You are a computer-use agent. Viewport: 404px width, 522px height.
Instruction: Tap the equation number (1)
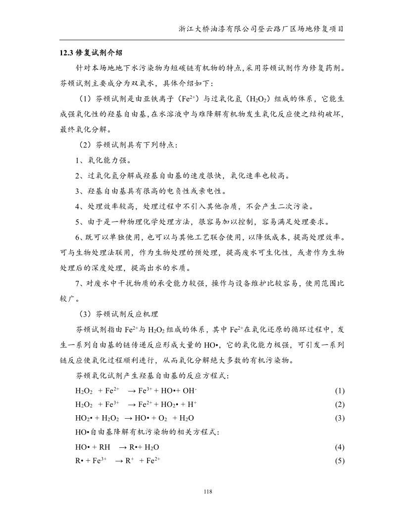click(x=339, y=391)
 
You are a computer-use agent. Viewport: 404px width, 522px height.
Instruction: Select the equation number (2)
click(x=339, y=404)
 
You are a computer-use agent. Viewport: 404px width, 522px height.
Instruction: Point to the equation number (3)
click(x=339, y=418)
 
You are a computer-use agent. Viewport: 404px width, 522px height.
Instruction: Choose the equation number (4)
click(x=339, y=447)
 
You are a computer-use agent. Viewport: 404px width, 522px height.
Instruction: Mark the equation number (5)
click(x=339, y=461)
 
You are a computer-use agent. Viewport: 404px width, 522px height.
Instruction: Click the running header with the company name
click(x=261, y=29)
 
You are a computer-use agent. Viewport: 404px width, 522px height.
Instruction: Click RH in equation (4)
click(x=105, y=447)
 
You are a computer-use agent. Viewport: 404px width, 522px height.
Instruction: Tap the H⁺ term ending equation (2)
click(x=192, y=404)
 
